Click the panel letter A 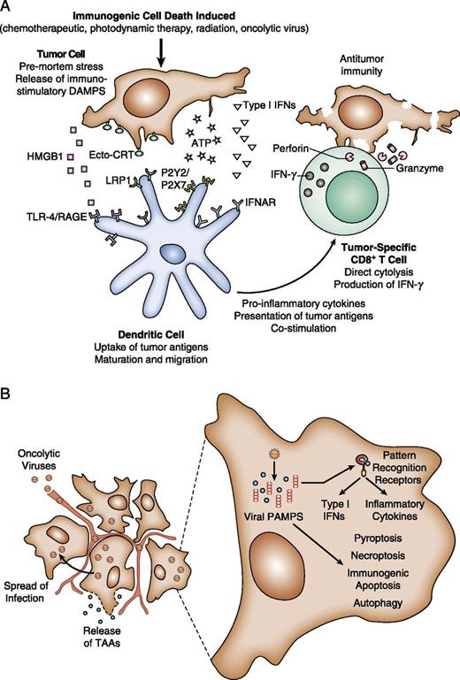pyautogui.click(x=10, y=8)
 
